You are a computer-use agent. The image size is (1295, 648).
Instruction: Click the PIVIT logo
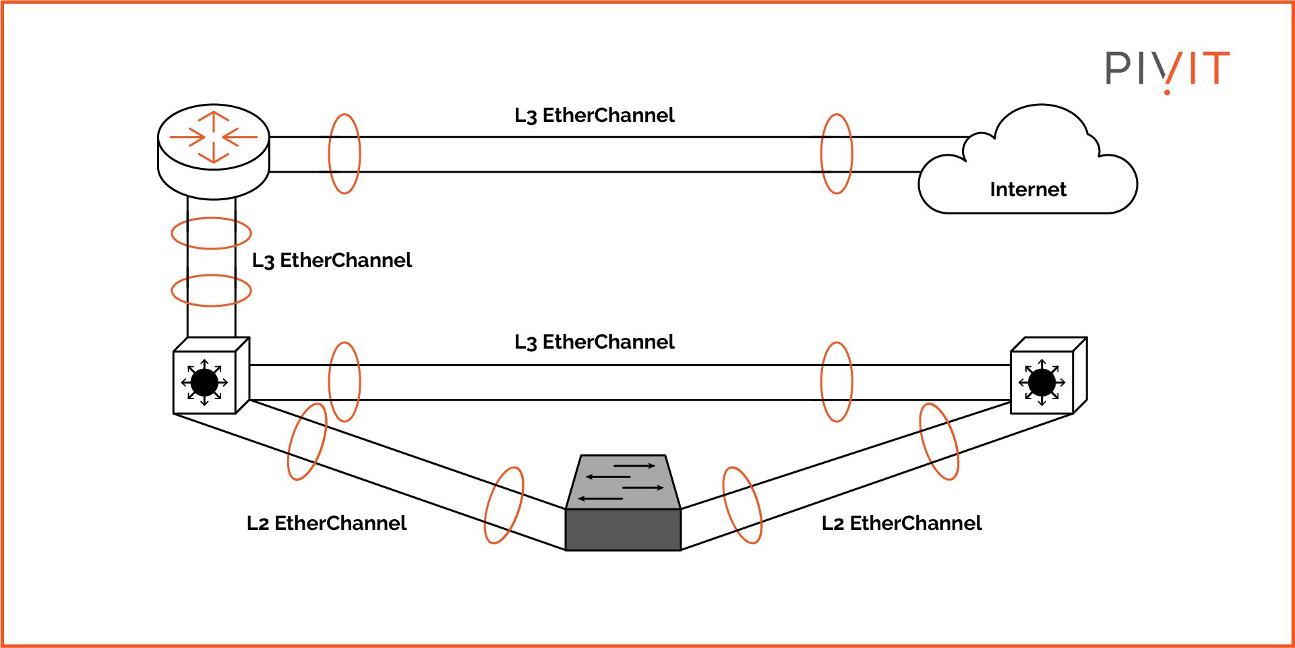tap(1167, 69)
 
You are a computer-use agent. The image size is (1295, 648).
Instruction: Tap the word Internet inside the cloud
tap(1027, 189)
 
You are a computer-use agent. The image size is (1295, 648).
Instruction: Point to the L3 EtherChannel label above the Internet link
tap(594, 115)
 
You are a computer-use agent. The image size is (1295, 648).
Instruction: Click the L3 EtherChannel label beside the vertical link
tap(331, 260)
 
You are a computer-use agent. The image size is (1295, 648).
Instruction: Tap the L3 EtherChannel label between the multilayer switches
tap(594, 342)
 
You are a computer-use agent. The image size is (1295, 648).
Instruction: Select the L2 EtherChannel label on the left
tap(326, 523)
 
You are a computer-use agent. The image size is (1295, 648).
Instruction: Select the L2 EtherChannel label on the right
tap(901, 523)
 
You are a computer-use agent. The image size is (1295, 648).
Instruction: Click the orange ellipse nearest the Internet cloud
tap(837, 154)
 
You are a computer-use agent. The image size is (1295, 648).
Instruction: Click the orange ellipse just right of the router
tap(344, 154)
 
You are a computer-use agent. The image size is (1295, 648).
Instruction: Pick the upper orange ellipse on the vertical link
tap(211, 233)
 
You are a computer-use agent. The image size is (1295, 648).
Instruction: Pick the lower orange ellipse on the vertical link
tap(211, 291)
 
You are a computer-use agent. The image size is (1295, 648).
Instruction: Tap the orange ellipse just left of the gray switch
tap(504, 505)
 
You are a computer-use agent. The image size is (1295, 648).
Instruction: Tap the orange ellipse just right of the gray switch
tap(742, 505)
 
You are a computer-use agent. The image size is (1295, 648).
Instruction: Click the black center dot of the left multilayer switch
tap(204, 382)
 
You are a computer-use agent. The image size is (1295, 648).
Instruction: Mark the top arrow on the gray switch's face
tap(634, 466)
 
